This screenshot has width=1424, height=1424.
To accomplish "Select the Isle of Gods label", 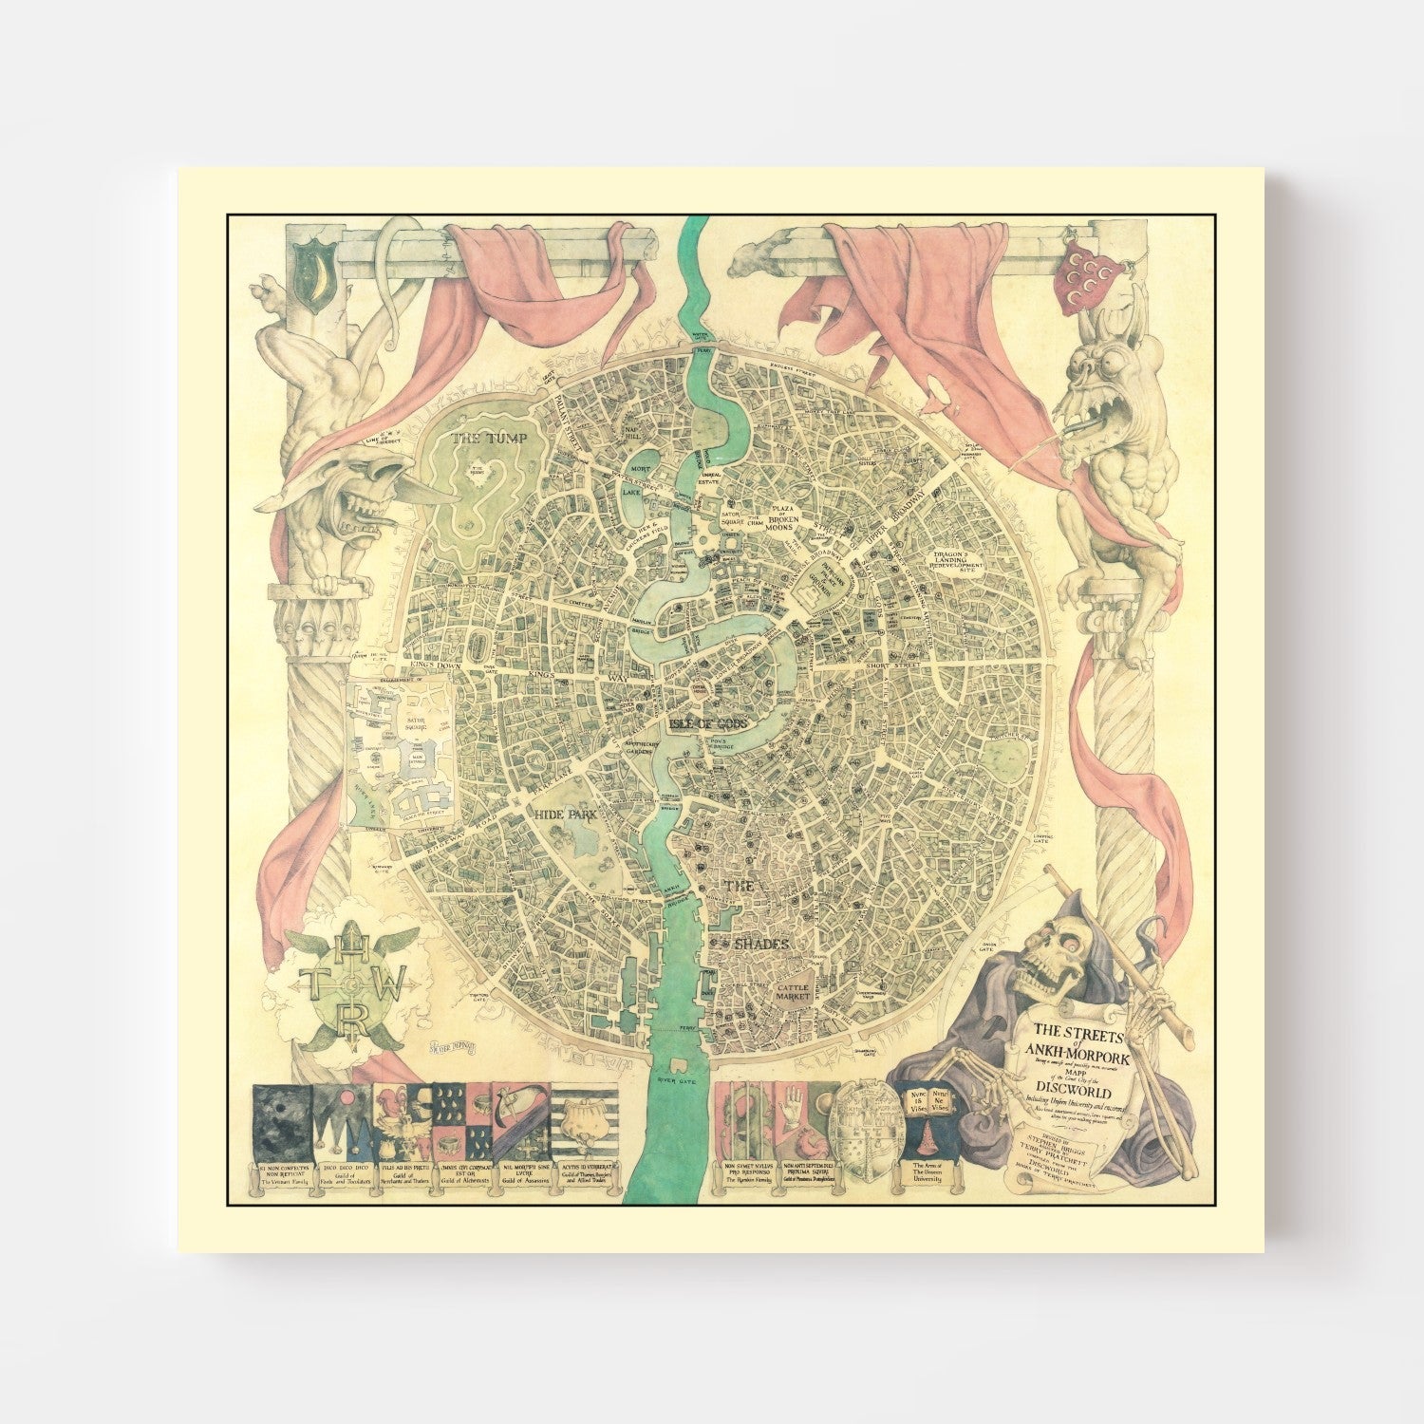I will coord(709,723).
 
